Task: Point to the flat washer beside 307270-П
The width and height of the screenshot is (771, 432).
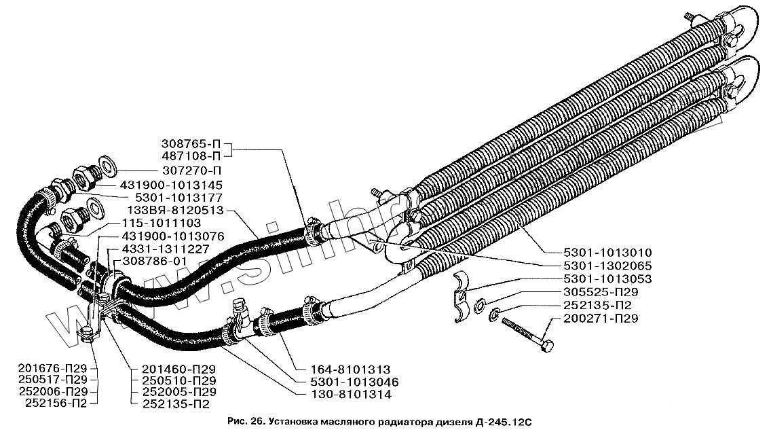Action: coord(107,163)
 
